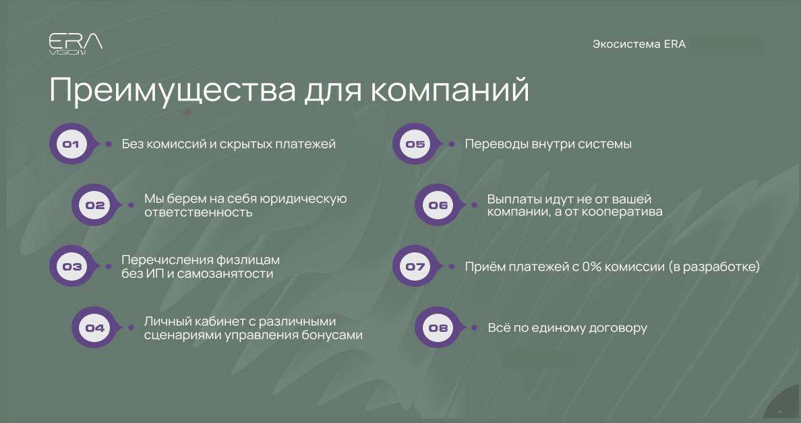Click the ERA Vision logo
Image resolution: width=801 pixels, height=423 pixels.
tap(76, 45)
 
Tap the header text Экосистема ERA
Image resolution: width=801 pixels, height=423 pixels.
tap(639, 45)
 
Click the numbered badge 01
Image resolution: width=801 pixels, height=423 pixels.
tap(71, 144)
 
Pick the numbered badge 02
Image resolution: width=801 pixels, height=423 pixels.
tap(95, 205)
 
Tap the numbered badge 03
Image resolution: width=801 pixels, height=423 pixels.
tap(71, 266)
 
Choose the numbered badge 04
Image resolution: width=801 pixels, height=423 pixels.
tap(95, 328)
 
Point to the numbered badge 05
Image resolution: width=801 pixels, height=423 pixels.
tap(415, 144)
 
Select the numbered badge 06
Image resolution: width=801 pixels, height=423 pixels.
tap(438, 205)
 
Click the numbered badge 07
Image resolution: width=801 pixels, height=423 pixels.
tap(415, 266)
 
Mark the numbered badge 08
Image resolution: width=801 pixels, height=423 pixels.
tap(438, 328)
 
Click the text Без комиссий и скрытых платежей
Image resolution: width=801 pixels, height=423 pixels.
tap(229, 144)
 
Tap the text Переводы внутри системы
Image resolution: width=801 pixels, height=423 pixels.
tap(548, 144)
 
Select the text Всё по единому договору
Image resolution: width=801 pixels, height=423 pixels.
tap(568, 328)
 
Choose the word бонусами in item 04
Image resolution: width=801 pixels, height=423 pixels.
tap(334, 335)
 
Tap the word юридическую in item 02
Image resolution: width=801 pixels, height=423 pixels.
tap(307, 198)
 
